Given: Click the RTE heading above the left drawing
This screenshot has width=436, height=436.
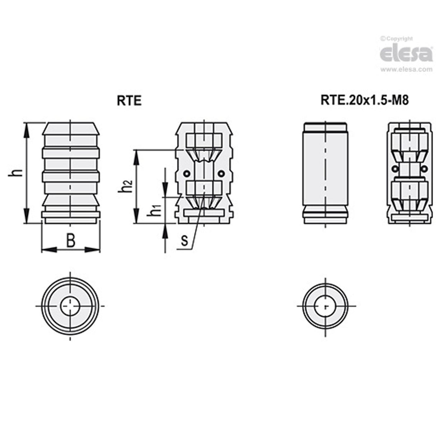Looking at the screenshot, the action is click(x=129, y=101).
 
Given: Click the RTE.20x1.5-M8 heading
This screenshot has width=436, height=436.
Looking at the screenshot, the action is click(x=365, y=100).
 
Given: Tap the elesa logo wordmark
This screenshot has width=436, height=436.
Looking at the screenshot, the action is click(x=406, y=54).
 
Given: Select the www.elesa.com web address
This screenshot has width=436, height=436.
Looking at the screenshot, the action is click(x=407, y=69).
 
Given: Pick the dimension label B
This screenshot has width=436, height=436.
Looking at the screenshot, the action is click(x=71, y=241).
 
